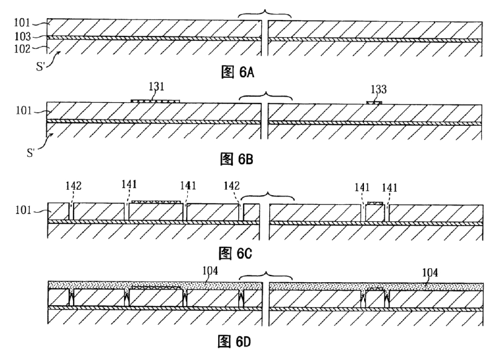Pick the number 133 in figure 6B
tap(379, 89)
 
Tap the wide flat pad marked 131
tap(156, 101)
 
